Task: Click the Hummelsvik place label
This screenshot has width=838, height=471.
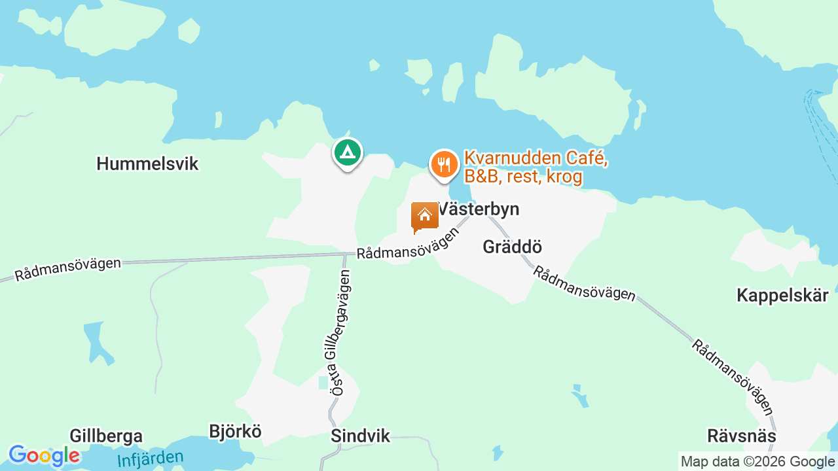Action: pyautogui.click(x=147, y=164)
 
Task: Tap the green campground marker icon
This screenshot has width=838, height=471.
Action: pyautogui.click(x=348, y=152)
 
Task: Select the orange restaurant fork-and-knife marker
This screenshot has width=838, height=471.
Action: pyautogui.click(x=445, y=164)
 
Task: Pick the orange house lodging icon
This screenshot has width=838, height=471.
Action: pyautogui.click(x=424, y=217)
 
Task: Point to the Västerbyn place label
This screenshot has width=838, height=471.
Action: pyautogui.click(x=479, y=209)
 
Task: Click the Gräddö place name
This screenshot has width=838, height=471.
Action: pyautogui.click(x=512, y=247)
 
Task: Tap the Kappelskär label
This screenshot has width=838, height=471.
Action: pyautogui.click(x=782, y=295)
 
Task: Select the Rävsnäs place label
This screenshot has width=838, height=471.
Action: pyautogui.click(x=742, y=436)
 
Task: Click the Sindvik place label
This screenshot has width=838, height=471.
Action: pyautogui.click(x=360, y=436)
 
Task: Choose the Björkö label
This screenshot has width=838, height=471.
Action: pyautogui.click(x=235, y=432)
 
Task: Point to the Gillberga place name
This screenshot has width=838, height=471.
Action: pyautogui.click(x=106, y=436)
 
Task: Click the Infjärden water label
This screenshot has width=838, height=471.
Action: pyautogui.click(x=151, y=458)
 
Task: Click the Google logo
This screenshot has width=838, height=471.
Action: pyautogui.click(x=44, y=456)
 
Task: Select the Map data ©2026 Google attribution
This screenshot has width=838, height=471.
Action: pyautogui.click(x=757, y=462)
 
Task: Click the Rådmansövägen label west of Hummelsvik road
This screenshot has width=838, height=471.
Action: pyautogui.click(x=68, y=269)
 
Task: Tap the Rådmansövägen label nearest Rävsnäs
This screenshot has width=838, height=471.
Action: pyautogui.click(x=733, y=377)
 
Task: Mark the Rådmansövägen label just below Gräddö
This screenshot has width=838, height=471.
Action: pyautogui.click(x=583, y=283)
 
